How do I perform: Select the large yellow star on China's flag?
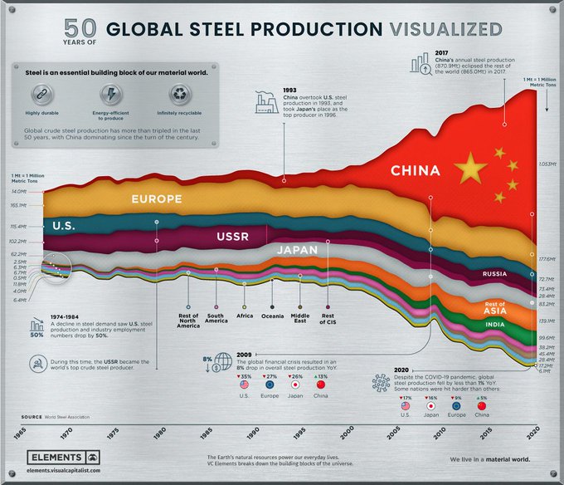[x=470, y=169]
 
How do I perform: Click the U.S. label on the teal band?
[x=67, y=226]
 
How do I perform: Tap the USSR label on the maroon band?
[x=232, y=238]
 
